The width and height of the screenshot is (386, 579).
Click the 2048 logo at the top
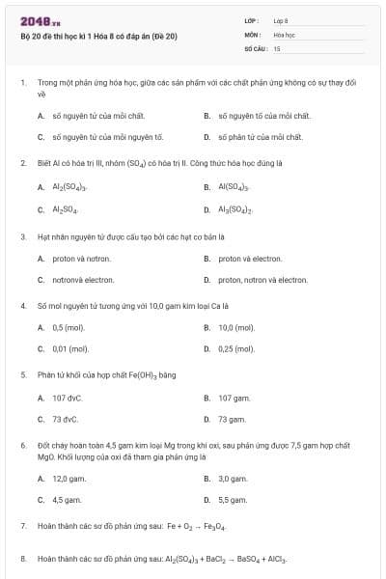pos(41,21)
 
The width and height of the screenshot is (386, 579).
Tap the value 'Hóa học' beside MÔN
pos(284,34)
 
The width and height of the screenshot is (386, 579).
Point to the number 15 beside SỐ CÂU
pos(277,47)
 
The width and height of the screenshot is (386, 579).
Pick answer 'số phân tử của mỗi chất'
pos(260,137)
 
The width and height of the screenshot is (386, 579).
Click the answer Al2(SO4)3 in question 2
pos(69,186)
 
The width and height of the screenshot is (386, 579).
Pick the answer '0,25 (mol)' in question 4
pos(236,348)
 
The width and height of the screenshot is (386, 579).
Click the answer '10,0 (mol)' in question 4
pos(236,327)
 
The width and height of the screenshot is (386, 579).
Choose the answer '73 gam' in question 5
pos(232,419)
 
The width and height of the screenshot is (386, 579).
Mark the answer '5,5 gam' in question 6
pos(233,500)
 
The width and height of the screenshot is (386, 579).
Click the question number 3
pos(23,235)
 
